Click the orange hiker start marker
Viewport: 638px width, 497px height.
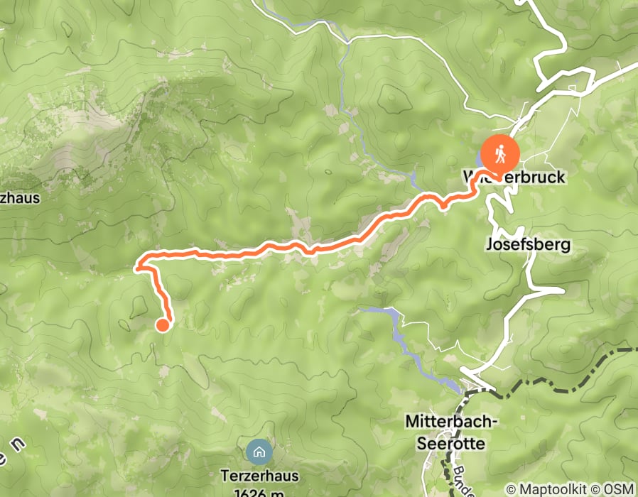point(500,153)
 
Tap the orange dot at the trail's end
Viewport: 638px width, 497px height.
point(162,325)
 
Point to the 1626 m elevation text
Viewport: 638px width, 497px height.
point(257,491)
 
